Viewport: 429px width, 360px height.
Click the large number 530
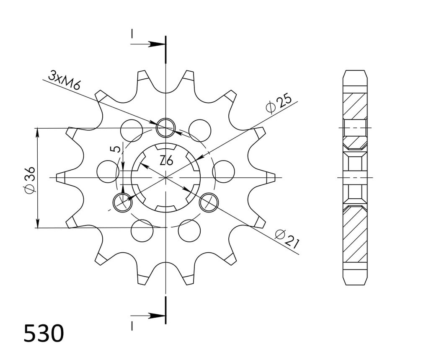click(44, 333)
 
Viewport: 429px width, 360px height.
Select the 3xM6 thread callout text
click(65, 80)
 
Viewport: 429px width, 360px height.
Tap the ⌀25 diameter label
click(279, 104)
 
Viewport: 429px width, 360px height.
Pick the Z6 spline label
click(166, 160)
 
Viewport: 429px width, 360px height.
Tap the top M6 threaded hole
click(165, 127)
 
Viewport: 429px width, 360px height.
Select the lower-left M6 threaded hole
click(123, 202)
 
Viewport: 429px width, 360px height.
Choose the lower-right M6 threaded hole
click(209, 202)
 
